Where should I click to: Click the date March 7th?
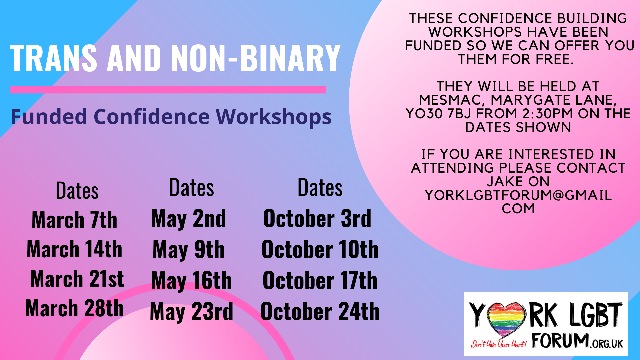(x=74, y=220)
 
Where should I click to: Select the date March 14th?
(x=74, y=249)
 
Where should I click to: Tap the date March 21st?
(x=77, y=279)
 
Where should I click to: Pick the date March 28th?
(x=74, y=308)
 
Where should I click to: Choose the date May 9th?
(x=189, y=250)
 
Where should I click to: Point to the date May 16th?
(x=191, y=281)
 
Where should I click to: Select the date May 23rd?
(x=191, y=312)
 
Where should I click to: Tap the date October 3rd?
(x=317, y=219)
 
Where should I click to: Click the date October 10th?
(x=320, y=249)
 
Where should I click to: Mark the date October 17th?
(x=320, y=280)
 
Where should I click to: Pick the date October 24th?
(x=320, y=311)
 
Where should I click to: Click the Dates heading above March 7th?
(x=77, y=191)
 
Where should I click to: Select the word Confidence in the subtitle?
(x=152, y=117)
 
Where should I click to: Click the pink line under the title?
(x=168, y=90)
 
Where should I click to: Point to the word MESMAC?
(x=452, y=100)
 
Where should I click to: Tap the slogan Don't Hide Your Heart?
(x=499, y=344)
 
